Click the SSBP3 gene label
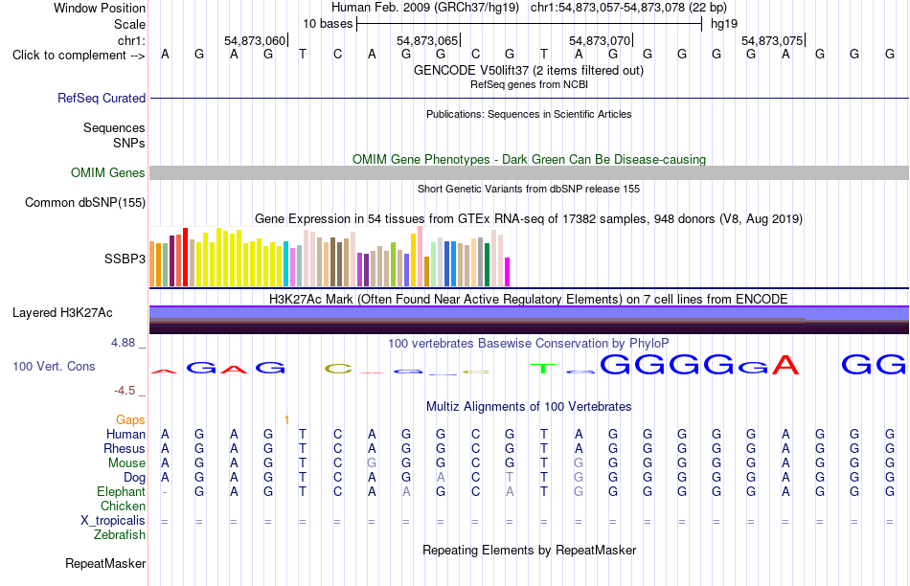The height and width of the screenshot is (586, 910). click(x=125, y=259)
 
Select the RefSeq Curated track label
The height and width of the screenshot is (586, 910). click(x=102, y=98)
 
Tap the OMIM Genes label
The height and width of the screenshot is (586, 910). click(x=108, y=173)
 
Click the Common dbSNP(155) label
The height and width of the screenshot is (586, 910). click(x=85, y=202)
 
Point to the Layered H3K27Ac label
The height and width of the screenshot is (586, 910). click(x=62, y=313)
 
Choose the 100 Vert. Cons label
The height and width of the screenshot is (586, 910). click(x=54, y=366)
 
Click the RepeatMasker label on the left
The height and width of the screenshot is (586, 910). click(x=105, y=563)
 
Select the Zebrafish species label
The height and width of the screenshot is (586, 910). click(x=120, y=534)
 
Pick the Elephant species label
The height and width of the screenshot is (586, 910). click(x=122, y=491)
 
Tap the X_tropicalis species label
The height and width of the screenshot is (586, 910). click(x=113, y=521)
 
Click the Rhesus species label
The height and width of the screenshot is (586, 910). click(x=125, y=448)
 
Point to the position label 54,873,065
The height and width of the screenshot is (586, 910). click(x=427, y=40)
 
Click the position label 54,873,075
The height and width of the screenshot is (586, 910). click(x=772, y=40)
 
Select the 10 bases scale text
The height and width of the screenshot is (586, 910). click(x=328, y=24)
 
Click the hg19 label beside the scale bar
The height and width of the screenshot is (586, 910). click(x=724, y=24)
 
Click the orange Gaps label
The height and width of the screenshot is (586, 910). click(x=130, y=419)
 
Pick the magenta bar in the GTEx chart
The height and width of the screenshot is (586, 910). click(x=508, y=272)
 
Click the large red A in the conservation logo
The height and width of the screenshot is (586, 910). click(x=785, y=365)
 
